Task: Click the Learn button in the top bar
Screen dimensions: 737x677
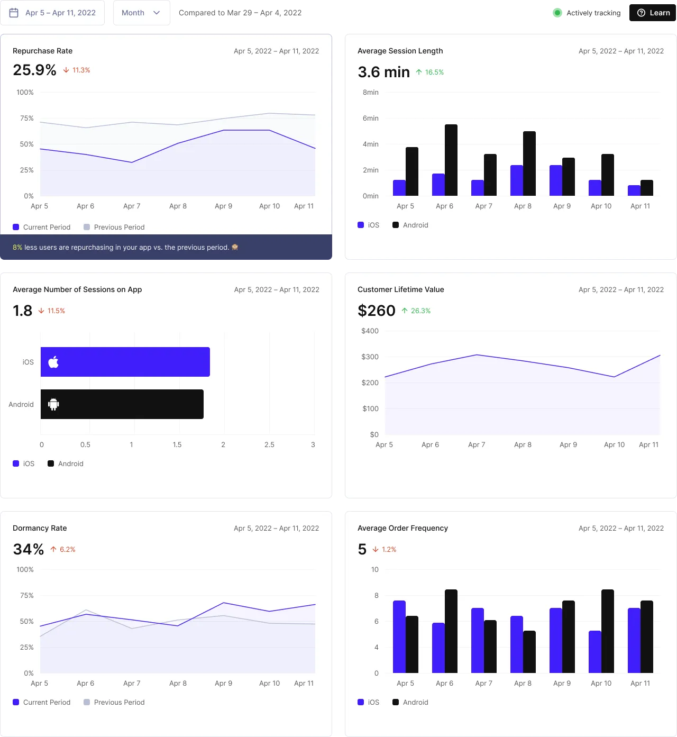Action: pos(653,13)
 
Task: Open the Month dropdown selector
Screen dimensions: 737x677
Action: pos(141,13)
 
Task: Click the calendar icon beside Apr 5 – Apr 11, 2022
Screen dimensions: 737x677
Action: pos(14,13)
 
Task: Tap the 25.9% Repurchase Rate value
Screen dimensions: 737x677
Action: pos(34,70)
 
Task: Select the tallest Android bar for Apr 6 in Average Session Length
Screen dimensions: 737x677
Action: pos(451,160)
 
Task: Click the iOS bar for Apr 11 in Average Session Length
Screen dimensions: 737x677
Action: pos(634,190)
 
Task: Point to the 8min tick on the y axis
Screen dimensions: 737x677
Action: pos(370,93)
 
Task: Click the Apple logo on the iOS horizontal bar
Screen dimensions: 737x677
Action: pos(53,362)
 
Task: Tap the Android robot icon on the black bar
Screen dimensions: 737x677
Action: pos(53,405)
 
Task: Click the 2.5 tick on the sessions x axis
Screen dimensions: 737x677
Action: pos(269,445)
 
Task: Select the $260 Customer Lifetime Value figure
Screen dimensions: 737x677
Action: pos(377,311)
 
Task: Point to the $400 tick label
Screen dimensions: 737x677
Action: pos(370,331)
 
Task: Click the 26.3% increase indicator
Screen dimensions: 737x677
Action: pos(416,311)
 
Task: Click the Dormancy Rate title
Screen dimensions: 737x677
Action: pos(40,528)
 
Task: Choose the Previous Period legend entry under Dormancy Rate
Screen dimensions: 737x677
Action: pos(114,702)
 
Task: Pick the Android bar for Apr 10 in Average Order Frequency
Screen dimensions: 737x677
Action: pos(608,631)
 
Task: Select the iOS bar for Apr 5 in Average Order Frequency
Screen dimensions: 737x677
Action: pos(399,636)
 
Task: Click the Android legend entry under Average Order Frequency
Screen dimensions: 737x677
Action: pos(410,702)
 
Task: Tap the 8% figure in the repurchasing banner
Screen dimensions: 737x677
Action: pos(17,248)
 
